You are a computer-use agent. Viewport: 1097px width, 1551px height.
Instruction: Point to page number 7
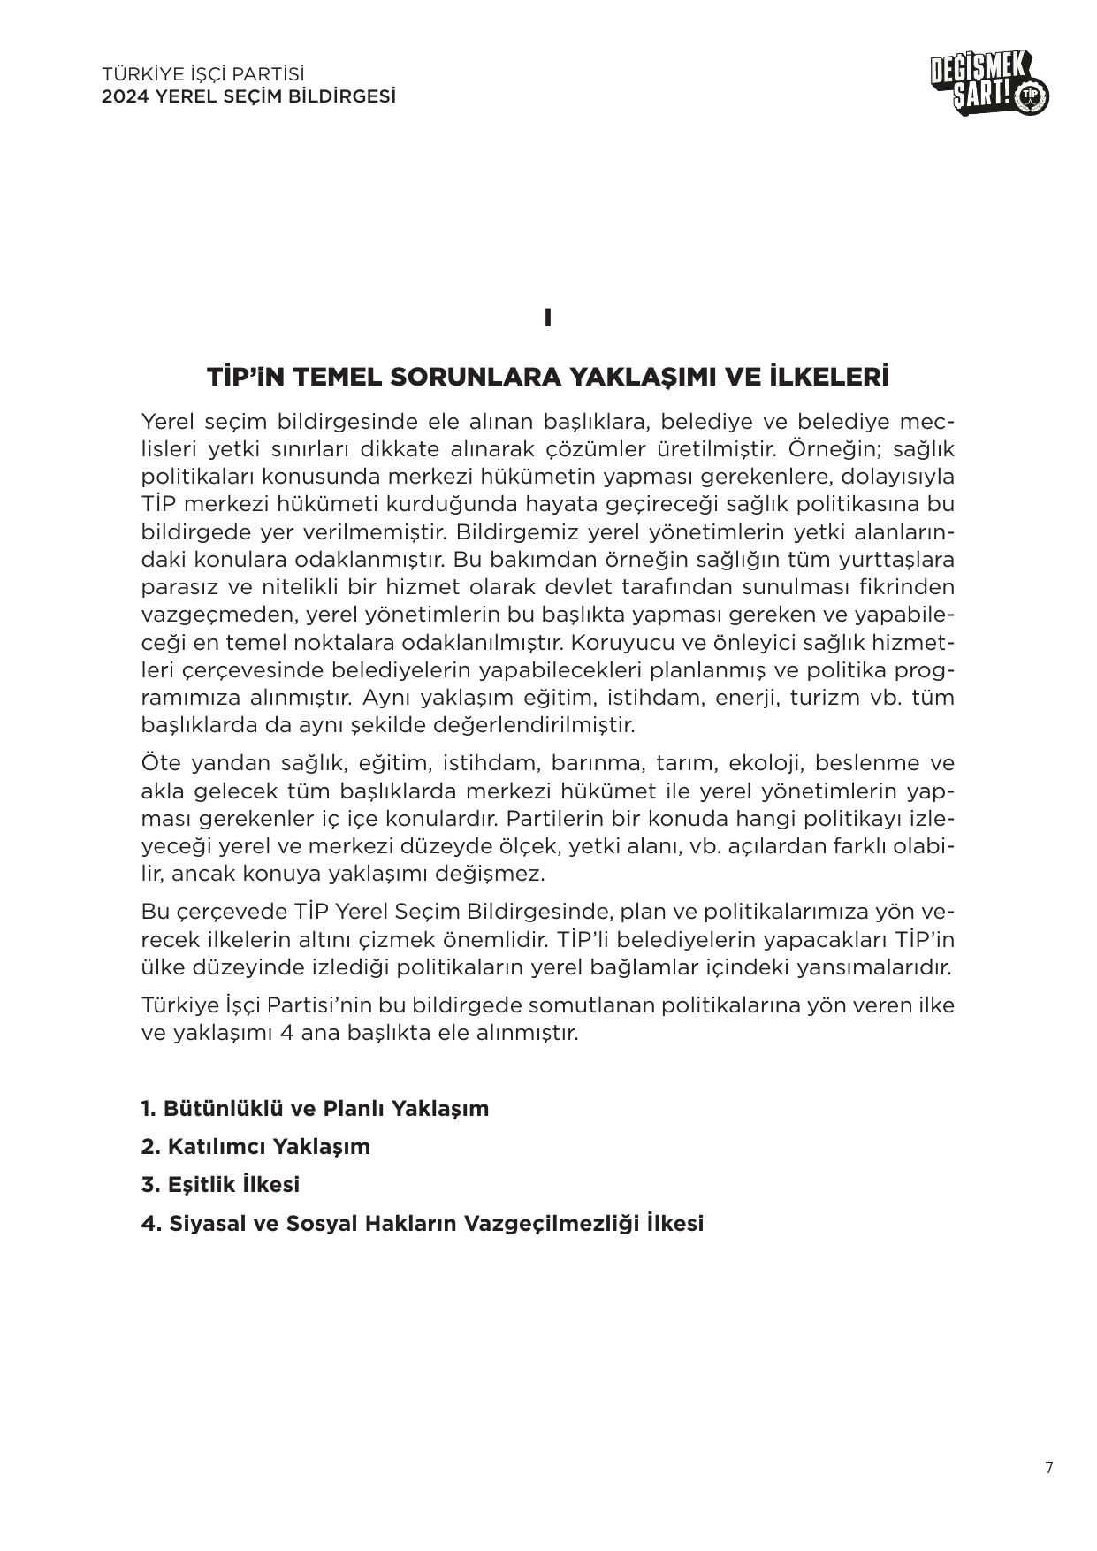coord(1048,1469)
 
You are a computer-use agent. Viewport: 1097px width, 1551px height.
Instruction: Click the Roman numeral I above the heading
coord(548,318)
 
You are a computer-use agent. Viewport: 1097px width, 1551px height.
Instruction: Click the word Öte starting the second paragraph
coord(161,762)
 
